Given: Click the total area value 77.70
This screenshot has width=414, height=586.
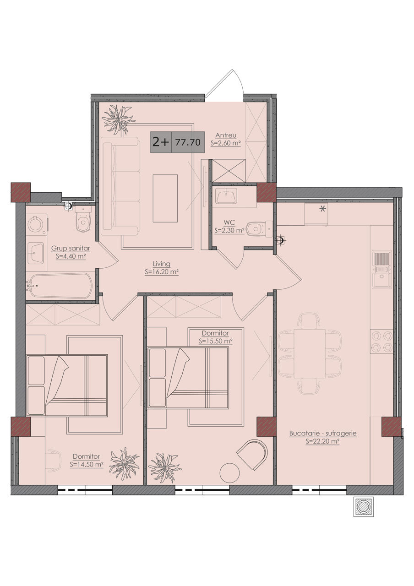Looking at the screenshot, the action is [188, 142].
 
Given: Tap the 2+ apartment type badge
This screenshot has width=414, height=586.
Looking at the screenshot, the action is [161, 142].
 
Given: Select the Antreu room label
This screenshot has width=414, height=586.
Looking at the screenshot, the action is [226, 136].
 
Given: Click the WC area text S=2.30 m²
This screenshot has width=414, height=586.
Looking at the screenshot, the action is [229, 230].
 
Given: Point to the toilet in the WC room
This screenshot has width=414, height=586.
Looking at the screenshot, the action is [260, 229].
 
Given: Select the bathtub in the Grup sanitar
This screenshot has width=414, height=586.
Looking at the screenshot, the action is [60, 286].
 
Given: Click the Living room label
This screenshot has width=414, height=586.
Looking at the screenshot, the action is [162, 264].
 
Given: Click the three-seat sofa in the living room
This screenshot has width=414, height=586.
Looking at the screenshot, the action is [120, 186].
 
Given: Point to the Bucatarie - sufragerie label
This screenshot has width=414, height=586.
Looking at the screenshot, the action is [323, 434].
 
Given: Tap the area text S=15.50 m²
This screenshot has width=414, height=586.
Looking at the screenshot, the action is [216, 341].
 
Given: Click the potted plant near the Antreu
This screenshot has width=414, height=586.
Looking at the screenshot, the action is [118, 119].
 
